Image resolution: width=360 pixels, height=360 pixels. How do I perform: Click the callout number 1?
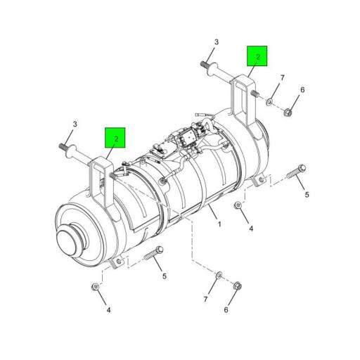tap(219, 224)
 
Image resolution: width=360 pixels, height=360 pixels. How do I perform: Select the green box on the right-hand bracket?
tap(257, 56)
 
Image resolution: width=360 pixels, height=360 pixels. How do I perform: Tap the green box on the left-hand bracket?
tap(115, 138)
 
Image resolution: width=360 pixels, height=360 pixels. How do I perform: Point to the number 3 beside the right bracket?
tap(217, 42)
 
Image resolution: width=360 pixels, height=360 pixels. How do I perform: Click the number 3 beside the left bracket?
tap(75, 124)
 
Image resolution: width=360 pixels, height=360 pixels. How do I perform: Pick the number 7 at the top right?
tap(282, 77)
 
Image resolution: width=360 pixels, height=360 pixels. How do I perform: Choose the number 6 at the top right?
tap(302, 89)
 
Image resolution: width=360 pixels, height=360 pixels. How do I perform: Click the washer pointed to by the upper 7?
tap(269, 101)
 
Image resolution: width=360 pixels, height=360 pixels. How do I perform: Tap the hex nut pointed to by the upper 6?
tap(288, 112)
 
